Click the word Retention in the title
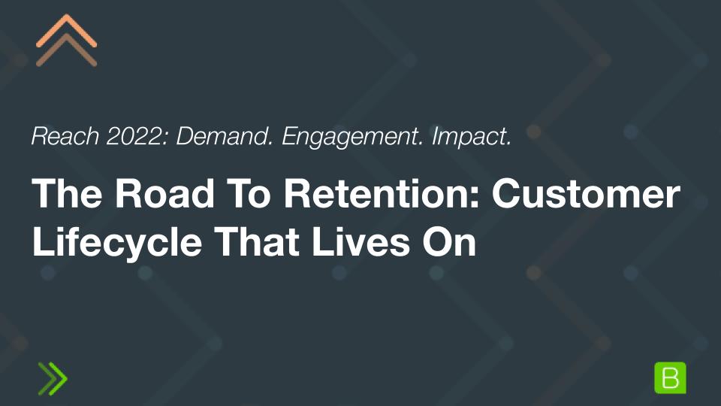pos(376,196)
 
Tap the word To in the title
pos(234,196)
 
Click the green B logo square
pos(671,377)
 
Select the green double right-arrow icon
pos(53,378)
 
